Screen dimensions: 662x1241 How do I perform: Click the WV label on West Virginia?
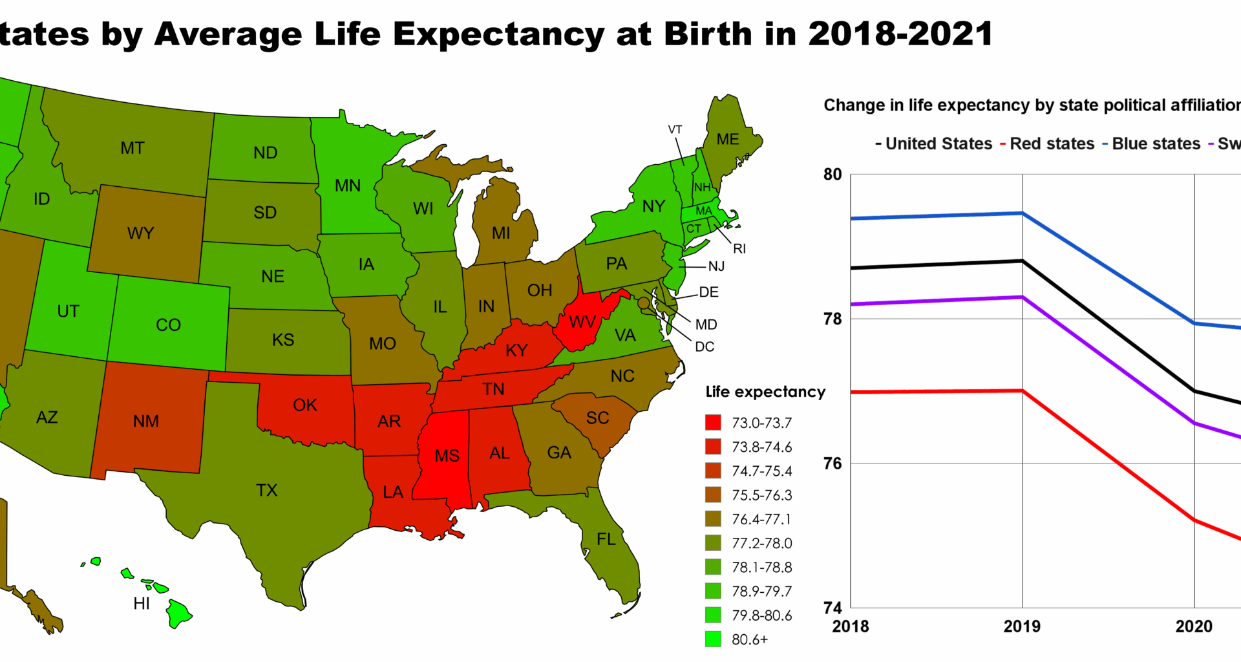click(x=582, y=322)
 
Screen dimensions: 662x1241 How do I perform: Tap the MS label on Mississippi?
click(x=447, y=456)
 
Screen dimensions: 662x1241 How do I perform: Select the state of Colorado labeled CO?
click(x=168, y=325)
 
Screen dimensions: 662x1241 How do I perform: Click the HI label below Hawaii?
click(x=142, y=604)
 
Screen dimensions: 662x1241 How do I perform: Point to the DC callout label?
click(x=705, y=347)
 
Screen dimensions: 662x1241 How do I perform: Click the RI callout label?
click(x=739, y=249)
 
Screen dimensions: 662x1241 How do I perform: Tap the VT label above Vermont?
click(x=675, y=130)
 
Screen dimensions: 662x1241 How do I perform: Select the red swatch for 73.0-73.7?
click(x=713, y=423)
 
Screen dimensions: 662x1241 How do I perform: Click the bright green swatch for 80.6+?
click(x=713, y=639)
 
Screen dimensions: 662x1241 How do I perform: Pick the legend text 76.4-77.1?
click(x=761, y=519)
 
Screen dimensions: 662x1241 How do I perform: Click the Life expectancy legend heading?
click(x=765, y=392)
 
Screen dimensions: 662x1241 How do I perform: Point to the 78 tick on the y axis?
click(x=833, y=319)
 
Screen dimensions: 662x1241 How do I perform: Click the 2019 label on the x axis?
click(x=1022, y=626)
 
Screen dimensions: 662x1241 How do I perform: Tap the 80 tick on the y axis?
click(x=833, y=175)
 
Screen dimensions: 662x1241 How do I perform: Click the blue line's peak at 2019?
click(x=1022, y=213)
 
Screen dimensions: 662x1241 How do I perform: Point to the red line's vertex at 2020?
click(x=1194, y=520)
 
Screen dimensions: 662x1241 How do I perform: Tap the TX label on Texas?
click(x=266, y=490)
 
